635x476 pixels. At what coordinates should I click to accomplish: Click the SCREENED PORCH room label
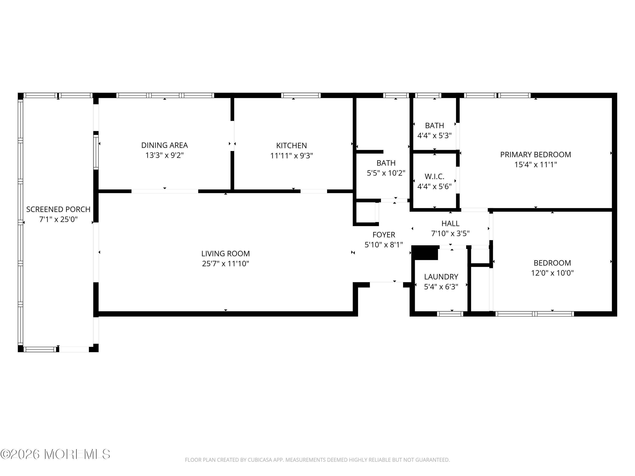point(58,209)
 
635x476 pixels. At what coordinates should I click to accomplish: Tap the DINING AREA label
point(164,145)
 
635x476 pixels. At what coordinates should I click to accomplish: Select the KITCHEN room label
point(291,146)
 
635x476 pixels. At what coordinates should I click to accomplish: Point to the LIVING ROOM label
point(225,254)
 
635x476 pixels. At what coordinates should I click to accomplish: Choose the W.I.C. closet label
point(434,176)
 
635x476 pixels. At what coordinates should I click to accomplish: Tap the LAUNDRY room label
point(441,277)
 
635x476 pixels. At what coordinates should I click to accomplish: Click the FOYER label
point(384,235)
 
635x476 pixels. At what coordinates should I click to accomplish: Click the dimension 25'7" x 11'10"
point(225,264)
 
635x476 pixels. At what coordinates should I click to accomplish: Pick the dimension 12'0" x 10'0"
point(552,273)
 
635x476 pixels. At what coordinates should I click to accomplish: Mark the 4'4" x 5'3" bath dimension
point(434,135)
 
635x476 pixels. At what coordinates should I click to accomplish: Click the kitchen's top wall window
point(301,95)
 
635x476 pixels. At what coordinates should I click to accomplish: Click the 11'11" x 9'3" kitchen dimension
point(291,156)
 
